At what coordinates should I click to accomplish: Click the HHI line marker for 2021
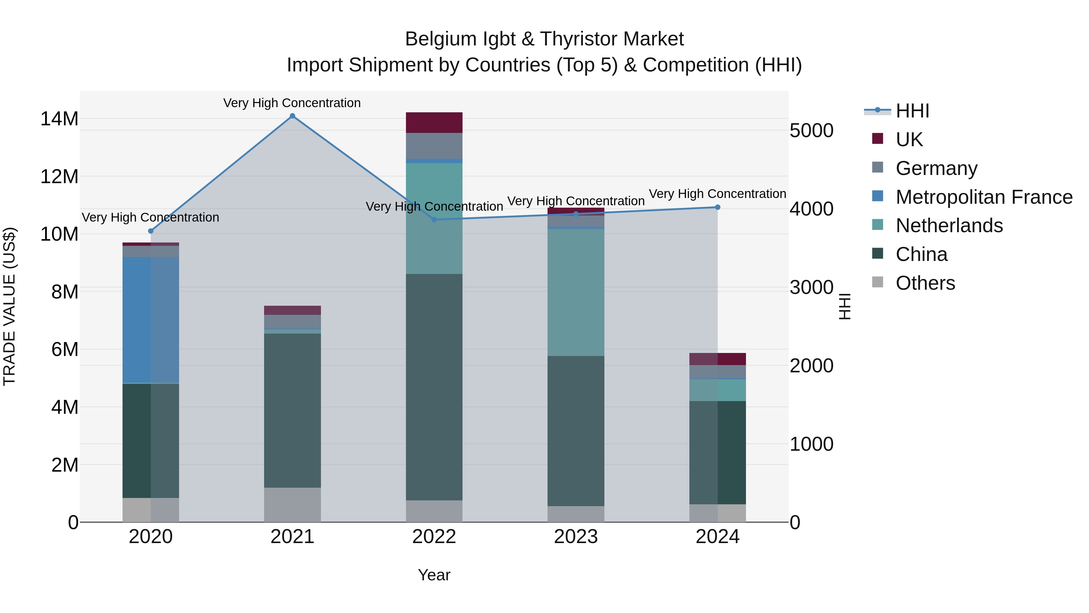pyautogui.click(x=292, y=116)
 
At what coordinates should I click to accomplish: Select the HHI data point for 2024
pyautogui.click(x=718, y=207)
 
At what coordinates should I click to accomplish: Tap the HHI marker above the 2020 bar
pyautogui.click(x=151, y=231)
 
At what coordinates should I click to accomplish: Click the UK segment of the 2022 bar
pyautogui.click(x=434, y=123)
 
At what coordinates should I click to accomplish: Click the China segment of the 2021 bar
pyautogui.click(x=292, y=410)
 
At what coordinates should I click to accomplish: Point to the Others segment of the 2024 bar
pyautogui.click(x=718, y=513)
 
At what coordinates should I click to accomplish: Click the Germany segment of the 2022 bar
pyautogui.click(x=434, y=146)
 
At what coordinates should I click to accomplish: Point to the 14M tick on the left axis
pyautogui.click(x=59, y=119)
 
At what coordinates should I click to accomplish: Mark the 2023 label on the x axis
pyautogui.click(x=576, y=537)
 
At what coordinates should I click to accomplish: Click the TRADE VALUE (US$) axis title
pyautogui.click(x=9, y=306)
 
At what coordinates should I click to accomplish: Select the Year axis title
pyautogui.click(x=434, y=575)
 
